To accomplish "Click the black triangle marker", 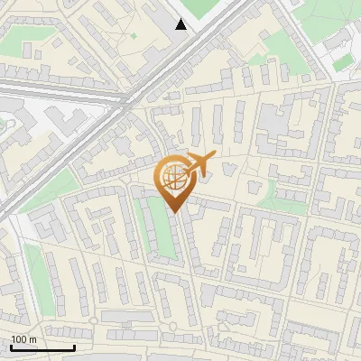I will click(x=181, y=24).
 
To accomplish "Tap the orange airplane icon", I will click(x=199, y=164).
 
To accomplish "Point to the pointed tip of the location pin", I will click(x=173, y=212).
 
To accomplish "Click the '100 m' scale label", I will click(x=23, y=338).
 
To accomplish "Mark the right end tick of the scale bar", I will click(x=74, y=347).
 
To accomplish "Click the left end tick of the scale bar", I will click(x=11, y=347).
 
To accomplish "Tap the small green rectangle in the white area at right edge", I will click(x=341, y=65).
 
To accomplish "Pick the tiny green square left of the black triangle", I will click(x=134, y=36).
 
